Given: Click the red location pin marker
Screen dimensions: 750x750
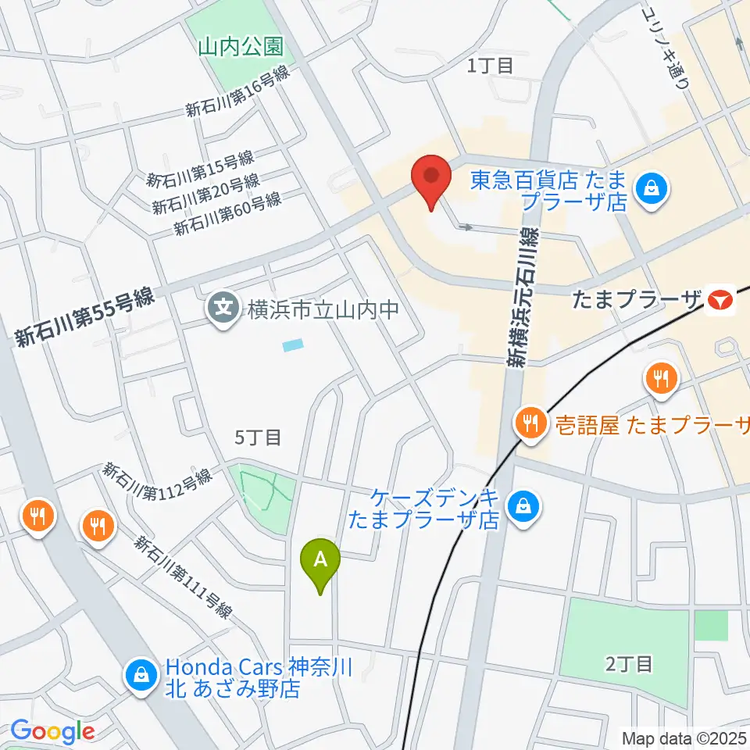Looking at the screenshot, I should tap(431, 180).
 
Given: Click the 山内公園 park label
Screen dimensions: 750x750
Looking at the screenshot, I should tap(240, 48).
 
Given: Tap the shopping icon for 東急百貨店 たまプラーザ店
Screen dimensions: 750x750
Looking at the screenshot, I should tap(650, 188).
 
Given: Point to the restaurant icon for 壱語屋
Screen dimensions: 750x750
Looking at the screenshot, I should tap(531, 424).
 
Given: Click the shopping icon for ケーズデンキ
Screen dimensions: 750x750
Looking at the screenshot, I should tap(519, 505).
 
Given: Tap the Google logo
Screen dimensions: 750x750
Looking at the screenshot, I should tap(52, 731).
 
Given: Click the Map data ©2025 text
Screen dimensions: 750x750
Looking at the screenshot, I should tap(684, 737).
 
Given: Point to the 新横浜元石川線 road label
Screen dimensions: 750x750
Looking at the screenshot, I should tap(521, 297).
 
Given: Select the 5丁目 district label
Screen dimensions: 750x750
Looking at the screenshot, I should tap(258, 437).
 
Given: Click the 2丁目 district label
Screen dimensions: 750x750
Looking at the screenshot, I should tap(629, 664).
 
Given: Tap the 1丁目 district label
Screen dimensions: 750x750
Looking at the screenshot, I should tap(490, 66).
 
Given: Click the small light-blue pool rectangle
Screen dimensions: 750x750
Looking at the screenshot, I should tap(292, 345).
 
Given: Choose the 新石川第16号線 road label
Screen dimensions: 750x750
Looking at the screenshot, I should tap(237, 92).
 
